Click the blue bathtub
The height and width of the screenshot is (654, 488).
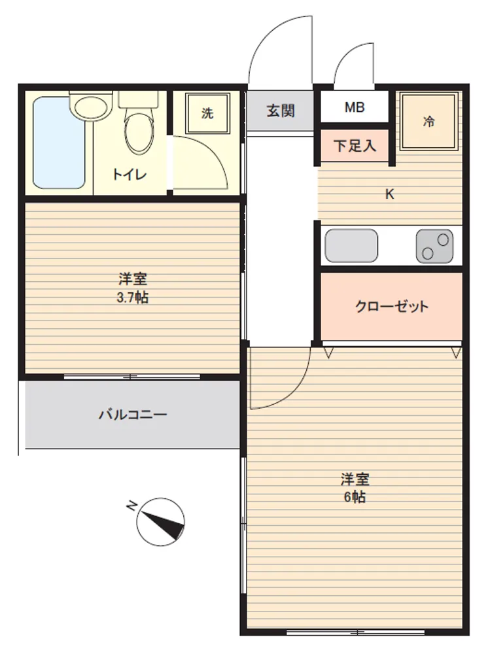coord(59,143)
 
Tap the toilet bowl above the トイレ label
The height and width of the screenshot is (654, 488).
coord(140,125)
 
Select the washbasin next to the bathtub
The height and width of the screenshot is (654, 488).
coord(92,105)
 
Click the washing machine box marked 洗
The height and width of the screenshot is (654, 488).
coord(208,113)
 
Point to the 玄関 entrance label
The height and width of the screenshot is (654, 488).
coord(281,111)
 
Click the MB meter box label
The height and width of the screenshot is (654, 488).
coord(355,107)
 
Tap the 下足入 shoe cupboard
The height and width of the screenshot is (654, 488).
coord(354,146)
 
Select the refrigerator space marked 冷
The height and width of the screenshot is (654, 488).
coord(428,122)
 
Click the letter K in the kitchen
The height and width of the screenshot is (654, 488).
coord(390,194)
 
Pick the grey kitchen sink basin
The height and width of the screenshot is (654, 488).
coord(351,246)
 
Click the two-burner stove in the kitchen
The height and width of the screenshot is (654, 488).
coord(434,246)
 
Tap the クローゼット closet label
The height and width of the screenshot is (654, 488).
coord(392,307)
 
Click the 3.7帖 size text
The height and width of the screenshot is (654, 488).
coord(132,298)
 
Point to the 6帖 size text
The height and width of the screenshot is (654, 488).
coord(355,497)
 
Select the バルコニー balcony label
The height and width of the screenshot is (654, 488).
coord(133,415)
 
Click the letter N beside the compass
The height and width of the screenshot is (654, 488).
coord(131,506)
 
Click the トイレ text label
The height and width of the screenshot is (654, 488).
coord(130,175)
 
